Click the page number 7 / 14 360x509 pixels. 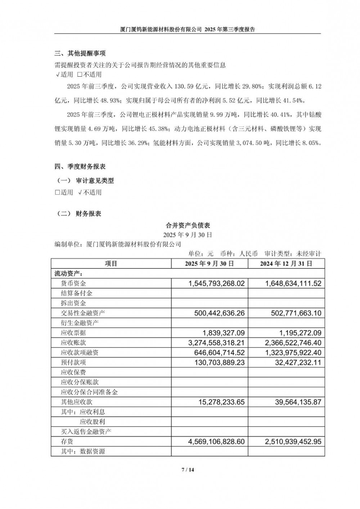(188, 469)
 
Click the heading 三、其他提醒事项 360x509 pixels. (80, 54)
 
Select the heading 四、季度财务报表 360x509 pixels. (80, 167)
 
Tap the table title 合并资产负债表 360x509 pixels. (188, 226)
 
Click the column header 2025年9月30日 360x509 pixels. (210, 263)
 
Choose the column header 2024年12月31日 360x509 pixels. (286, 263)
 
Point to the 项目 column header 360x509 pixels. (111, 263)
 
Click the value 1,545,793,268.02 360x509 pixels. (216, 284)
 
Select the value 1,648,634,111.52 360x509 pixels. (293, 284)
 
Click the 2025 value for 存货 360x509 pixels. (216, 441)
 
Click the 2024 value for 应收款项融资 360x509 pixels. (293, 352)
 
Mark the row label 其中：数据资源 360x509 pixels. (83, 451)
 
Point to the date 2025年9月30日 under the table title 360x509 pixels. (188, 235)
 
